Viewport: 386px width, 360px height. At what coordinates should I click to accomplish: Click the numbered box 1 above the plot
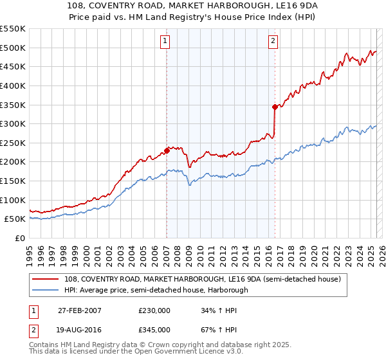coord(166,41)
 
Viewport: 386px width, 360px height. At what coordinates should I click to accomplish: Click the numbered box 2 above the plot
coord(273,41)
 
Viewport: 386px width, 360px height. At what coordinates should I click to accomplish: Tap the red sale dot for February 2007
coord(167,150)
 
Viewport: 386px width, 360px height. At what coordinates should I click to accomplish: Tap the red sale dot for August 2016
coord(275,107)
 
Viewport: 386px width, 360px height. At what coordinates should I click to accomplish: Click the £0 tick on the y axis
coord(19,238)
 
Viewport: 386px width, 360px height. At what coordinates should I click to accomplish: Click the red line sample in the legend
coord(46,278)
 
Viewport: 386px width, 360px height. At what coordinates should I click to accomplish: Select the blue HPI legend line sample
coord(46,290)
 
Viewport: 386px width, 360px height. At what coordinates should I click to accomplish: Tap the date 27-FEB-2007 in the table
coord(79,310)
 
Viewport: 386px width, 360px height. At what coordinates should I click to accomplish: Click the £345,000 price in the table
coord(154,330)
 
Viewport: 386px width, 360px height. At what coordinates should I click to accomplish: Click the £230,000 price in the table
coord(154,310)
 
